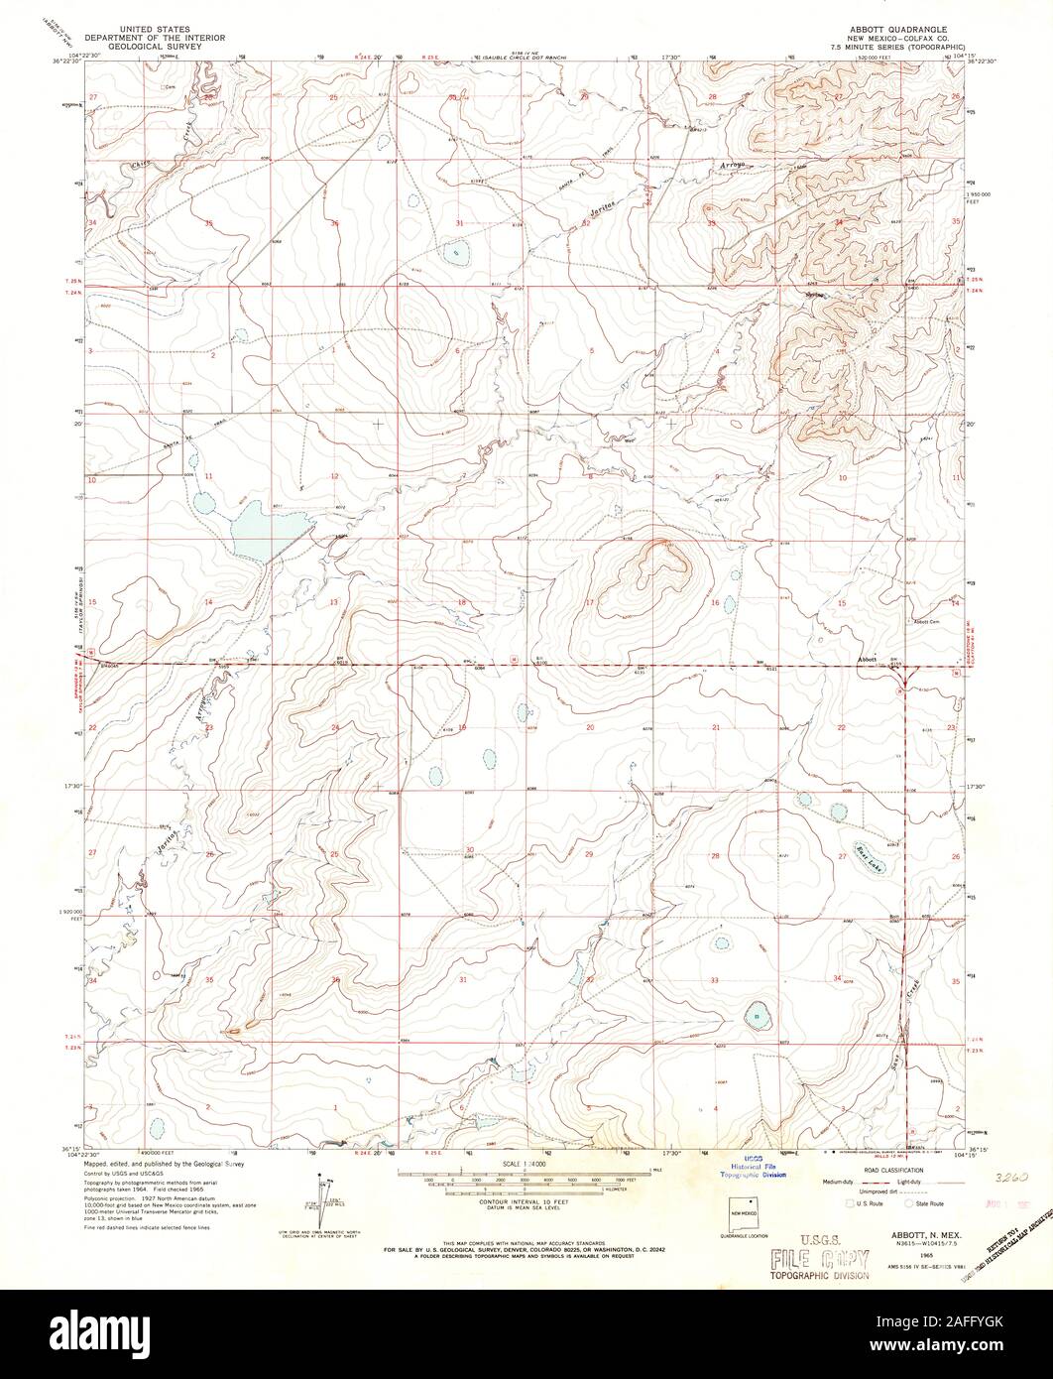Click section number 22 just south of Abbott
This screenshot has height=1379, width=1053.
pos(842,728)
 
